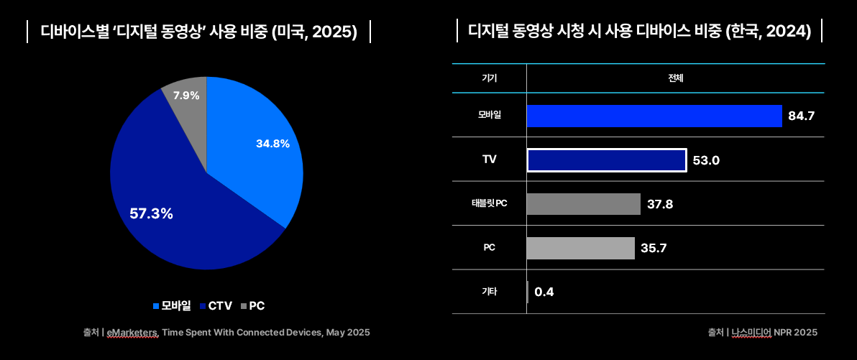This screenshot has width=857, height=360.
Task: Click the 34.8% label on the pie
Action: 272,144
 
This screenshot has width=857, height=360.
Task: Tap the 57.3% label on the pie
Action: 151,213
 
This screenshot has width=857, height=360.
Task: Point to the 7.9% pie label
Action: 186,95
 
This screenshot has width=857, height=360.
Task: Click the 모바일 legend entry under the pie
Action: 172,305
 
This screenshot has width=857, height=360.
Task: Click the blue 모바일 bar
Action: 654,116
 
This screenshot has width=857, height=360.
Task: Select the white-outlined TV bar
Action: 606,160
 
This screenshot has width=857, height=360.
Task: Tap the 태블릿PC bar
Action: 583,204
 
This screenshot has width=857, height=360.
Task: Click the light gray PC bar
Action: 580,248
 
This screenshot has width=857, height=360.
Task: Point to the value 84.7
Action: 801,116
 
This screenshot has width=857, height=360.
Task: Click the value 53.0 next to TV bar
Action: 706,160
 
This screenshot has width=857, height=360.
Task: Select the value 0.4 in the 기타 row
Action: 544,292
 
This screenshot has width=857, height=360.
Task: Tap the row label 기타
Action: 489,292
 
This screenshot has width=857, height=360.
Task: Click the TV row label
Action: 489,160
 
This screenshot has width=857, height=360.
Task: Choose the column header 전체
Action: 675,78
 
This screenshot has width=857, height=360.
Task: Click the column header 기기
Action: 489,78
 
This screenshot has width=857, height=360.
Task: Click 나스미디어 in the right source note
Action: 749,333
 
